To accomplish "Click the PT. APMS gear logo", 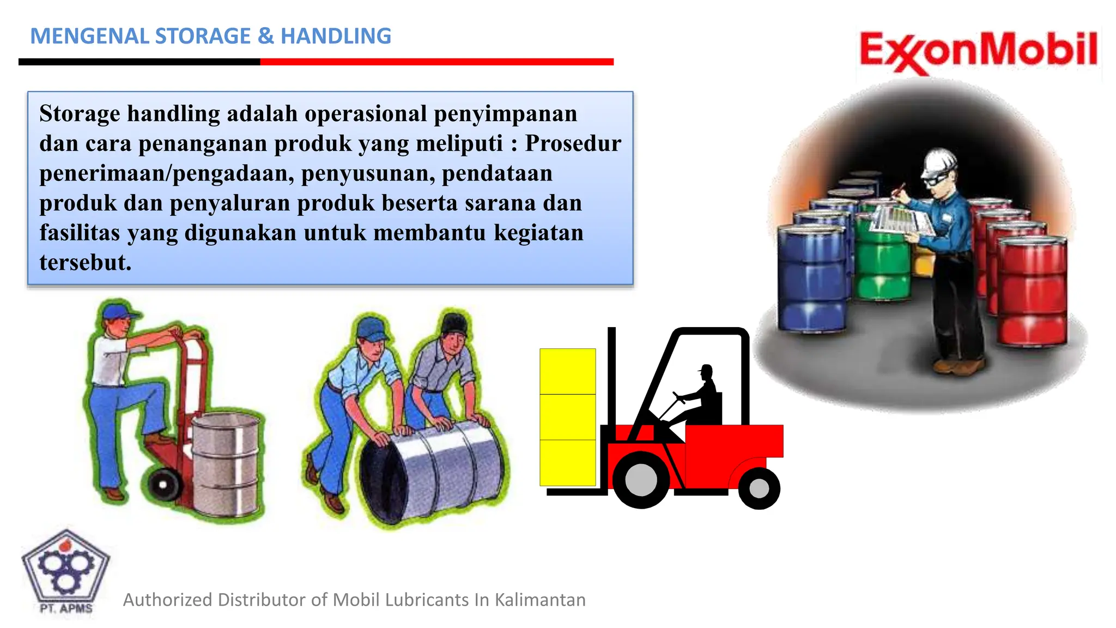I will [x=65, y=570].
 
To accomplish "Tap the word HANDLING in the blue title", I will [x=336, y=36].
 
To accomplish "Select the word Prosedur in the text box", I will [x=573, y=143].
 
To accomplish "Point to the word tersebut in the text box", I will [x=85, y=263].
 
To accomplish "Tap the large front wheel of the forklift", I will [x=641, y=480].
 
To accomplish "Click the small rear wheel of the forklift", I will [x=759, y=488].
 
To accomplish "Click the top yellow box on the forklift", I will [x=567, y=371].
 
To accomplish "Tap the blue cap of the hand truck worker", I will [x=119, y=312].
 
